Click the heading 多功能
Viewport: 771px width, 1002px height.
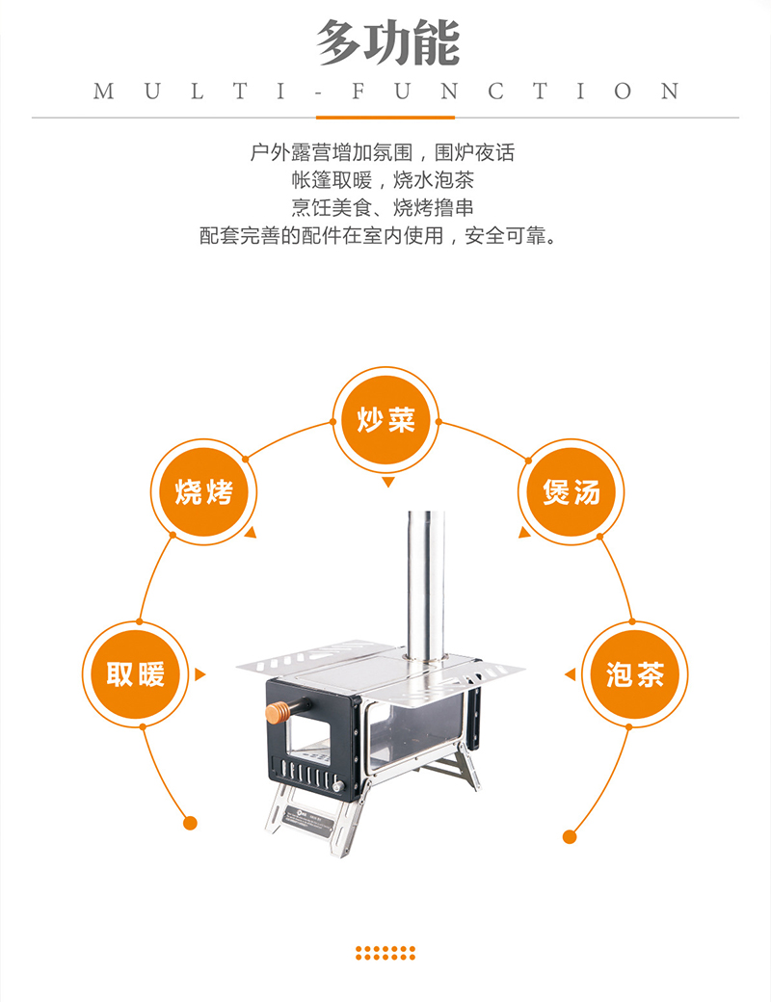pyautogui.click(x=385, y=43)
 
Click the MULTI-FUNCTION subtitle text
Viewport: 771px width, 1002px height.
pyautogui.click(x=385, y=92)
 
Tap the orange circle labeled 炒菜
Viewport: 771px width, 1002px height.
pyautogui.click(x=385, y=420)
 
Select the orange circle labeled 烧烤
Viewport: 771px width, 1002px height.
pyautogui.click(x=203, y=492)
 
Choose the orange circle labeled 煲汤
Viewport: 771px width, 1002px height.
pyautogui.click(x=572, y=492)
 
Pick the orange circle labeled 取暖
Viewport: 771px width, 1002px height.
pyautogui.click(x=135, y=673)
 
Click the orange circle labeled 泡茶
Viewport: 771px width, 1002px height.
pyautogui.click(x=635, y=673)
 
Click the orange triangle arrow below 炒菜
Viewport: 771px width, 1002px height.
pyautogui.click(x=386, y=482)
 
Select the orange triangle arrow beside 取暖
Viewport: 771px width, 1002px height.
pyautogui.click(x=199, y=674)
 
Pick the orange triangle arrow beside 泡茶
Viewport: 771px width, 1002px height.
pyautogui.click(x=571, y=674)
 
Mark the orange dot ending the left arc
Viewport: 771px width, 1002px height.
pyautogui.click(x=190, y=823)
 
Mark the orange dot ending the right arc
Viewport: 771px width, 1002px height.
pyautogui.click(x=570, y=836)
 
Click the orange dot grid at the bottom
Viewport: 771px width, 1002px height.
pyautogui.click(x=385, y=953)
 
